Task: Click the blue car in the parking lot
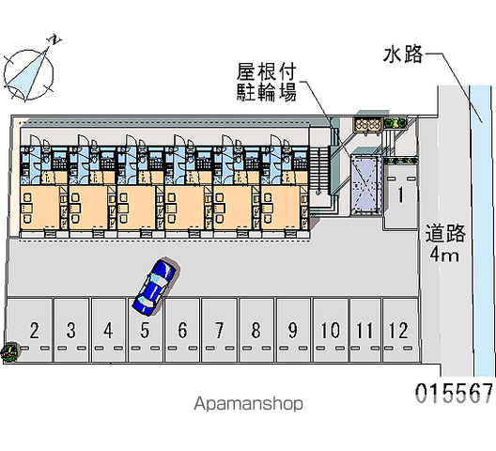tap(156, 287)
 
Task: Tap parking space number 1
tap(400, 197)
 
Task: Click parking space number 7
tap(219, 330)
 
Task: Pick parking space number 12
tap(400, 330)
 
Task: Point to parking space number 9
tap(293, 330)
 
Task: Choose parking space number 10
tap(331, 330)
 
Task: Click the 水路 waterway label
tap(403, 54)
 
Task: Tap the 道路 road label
tap(445, 233)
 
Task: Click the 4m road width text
tap(443, 255)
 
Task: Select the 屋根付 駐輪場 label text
tap(267, 82)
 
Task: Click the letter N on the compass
tap(54, 39)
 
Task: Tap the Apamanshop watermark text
tap(248, 404)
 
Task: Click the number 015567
tap(454, 393)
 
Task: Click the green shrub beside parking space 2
tap(9, 351)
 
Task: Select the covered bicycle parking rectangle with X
tap(365, 186)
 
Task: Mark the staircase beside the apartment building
tap(318, 171)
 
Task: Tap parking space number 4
tap(108, 330)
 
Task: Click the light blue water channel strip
tap(483, 231)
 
